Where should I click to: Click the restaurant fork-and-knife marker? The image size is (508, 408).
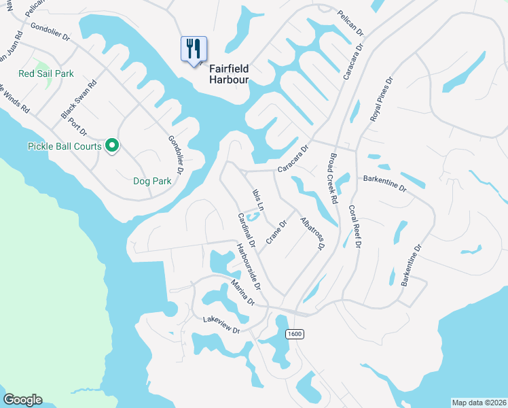194,50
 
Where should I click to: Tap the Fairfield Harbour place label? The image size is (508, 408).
229,74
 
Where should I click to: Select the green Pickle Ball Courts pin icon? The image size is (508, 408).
113,146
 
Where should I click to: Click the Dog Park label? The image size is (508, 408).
152,182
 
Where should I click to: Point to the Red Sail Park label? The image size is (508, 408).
46,73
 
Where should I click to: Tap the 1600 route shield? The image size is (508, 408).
294,334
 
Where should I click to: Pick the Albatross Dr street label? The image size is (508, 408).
310,235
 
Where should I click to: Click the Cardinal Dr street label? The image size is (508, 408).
245,230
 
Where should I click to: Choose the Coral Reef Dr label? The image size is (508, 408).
354,227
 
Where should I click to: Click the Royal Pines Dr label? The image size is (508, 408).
381,99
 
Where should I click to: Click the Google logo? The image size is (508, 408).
22,400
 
